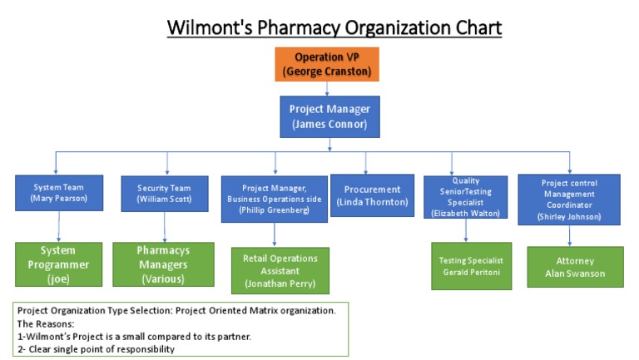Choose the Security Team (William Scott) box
165,194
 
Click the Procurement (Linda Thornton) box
372,195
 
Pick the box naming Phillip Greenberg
273,199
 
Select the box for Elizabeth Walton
465,196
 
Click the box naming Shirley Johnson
568,200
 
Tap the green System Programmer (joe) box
58,264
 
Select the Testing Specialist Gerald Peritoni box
471,266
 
